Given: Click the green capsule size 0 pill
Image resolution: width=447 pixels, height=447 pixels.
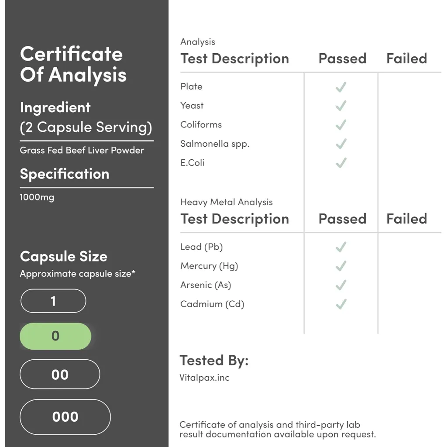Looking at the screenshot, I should tap(55, 336).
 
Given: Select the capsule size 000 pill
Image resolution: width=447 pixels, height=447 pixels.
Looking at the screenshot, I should tap(65, 417).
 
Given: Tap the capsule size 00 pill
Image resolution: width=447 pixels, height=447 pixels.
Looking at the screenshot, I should tap(60, 375).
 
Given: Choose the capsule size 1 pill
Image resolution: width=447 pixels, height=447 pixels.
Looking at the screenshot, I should tap(53, 301).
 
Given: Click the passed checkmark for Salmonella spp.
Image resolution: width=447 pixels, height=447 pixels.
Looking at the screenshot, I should tap(341, 144).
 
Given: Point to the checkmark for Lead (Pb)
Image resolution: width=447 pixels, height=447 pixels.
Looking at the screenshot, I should tap(341, 247).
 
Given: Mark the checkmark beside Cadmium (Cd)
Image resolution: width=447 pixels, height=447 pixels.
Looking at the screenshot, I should tap(341, 304).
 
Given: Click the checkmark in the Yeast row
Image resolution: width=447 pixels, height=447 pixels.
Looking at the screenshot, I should tap(341, 106).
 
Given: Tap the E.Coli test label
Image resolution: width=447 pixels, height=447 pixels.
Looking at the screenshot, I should tap(193, 163).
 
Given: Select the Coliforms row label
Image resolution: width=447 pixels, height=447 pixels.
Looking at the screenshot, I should tap(201, 125).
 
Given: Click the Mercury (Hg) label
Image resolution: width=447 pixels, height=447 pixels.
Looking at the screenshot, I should tap(210, 266).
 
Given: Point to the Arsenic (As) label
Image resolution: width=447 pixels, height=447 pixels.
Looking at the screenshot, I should tap(206, 285).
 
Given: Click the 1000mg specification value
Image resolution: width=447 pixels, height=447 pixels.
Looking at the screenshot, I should tap(37, 197).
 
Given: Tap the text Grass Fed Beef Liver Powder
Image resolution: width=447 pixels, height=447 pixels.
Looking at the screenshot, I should tap(82, 150).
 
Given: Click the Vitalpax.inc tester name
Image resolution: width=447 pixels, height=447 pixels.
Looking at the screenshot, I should tap(204, 378).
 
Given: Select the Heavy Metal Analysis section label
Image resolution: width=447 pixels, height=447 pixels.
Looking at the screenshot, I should tap(227, 202).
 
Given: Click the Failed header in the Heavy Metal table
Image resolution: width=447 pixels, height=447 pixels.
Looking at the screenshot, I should tap(406, 219).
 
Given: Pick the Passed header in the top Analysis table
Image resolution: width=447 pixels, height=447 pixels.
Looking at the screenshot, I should tap(342, 58).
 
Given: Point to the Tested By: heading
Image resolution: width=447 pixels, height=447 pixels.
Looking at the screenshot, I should tap(214, 361).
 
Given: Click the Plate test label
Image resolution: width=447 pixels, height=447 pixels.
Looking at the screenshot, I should tap(192, 86).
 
